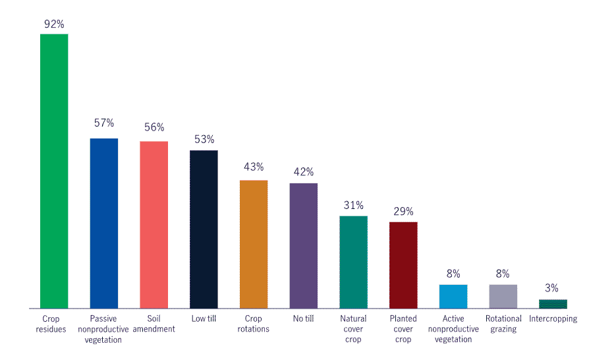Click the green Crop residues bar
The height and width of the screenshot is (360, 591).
click(x=54, y=171)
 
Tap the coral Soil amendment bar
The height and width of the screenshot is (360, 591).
click(x=154, y=224)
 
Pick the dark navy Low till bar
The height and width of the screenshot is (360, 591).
click(x=204, y=229)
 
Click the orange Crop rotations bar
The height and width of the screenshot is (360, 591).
click(x=254, y=244)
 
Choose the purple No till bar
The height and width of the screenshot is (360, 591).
click(x=303, y=245)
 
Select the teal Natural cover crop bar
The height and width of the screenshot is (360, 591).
click(x=353, y=262)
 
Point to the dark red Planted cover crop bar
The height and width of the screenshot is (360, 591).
click(x=403, y=265)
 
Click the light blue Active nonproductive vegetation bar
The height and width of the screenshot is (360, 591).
click(x=453, y=296)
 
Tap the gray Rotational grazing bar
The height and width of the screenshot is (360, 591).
click(x=503, y=296)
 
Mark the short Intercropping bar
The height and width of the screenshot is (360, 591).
click(x=553, y=304)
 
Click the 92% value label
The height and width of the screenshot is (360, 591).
click(x=54, y=24)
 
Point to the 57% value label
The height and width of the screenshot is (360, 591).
click(x=103, y=123)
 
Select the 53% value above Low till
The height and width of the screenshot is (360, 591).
click(x=204, y=139)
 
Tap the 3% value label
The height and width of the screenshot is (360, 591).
click(x=552, y=287)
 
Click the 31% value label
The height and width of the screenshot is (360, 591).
click(x=353, y=205)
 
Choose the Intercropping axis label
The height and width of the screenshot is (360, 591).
click(x=553, y=318)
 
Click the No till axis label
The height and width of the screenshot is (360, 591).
click(x=303, y=318)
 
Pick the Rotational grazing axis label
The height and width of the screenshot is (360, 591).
click(x=503, y=324)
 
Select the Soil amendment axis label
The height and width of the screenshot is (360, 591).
click(x=154, y=324)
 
